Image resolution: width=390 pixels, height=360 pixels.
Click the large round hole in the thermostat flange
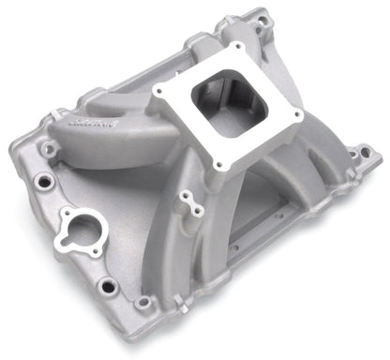coord(72,225)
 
